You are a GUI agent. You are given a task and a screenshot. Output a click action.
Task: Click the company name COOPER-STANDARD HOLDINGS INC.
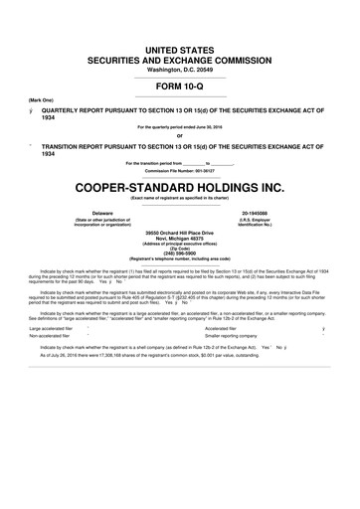(x=180, y=186)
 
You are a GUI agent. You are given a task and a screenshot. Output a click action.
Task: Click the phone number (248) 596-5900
(x=180, y=253)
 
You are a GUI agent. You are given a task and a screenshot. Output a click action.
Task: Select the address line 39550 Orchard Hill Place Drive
(x=180, y=231)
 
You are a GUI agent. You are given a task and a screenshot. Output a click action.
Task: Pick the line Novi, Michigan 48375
(x=180, y=237)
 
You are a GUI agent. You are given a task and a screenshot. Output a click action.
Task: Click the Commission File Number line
(x=180, y=169)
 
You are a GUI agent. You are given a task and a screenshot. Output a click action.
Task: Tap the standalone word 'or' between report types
(x=180, y=136)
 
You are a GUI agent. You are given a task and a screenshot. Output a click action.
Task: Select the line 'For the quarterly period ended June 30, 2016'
(x=180, y=127)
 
